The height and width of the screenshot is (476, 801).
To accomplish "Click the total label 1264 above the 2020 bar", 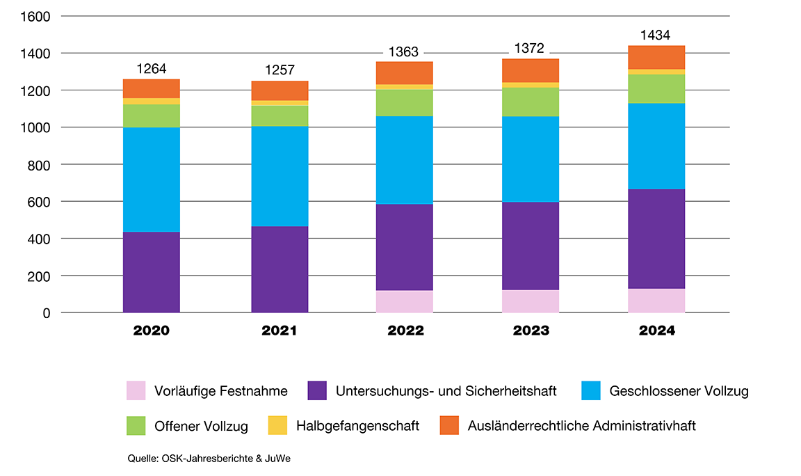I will click(151, 68).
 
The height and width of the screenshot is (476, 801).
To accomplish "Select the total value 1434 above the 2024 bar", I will click(656, 35).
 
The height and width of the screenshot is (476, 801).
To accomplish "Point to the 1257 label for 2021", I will click(279, 70).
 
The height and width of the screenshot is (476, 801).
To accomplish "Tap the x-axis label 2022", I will click(405, 331).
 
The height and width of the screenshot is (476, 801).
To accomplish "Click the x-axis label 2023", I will click(531, 331).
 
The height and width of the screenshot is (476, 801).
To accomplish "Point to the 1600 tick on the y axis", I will click(36, 16).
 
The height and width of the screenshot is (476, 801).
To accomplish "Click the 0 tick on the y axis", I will click(46, 313).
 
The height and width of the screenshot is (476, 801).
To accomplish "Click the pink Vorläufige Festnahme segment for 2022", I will click(405, 301).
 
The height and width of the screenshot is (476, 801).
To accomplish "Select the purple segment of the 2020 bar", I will click(151, 272).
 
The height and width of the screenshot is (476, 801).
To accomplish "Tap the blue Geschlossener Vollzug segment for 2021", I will click(279, 176).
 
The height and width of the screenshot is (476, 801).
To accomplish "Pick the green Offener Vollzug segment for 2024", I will click(656, 88).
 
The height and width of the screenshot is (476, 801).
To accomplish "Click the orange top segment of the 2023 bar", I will click(531, 70).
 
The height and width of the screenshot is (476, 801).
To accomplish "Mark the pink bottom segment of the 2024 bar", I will click(656, 300).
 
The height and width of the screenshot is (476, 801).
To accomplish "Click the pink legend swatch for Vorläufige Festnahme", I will click(136, 390).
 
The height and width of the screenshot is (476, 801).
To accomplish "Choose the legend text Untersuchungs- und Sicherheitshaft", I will click(446, 391).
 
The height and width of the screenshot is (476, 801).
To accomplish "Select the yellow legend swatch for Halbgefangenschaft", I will click(277, 425).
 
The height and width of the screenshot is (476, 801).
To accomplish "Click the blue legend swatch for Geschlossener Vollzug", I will click(590, 390).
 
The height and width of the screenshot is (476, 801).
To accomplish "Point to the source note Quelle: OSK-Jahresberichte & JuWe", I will click(208, 459).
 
